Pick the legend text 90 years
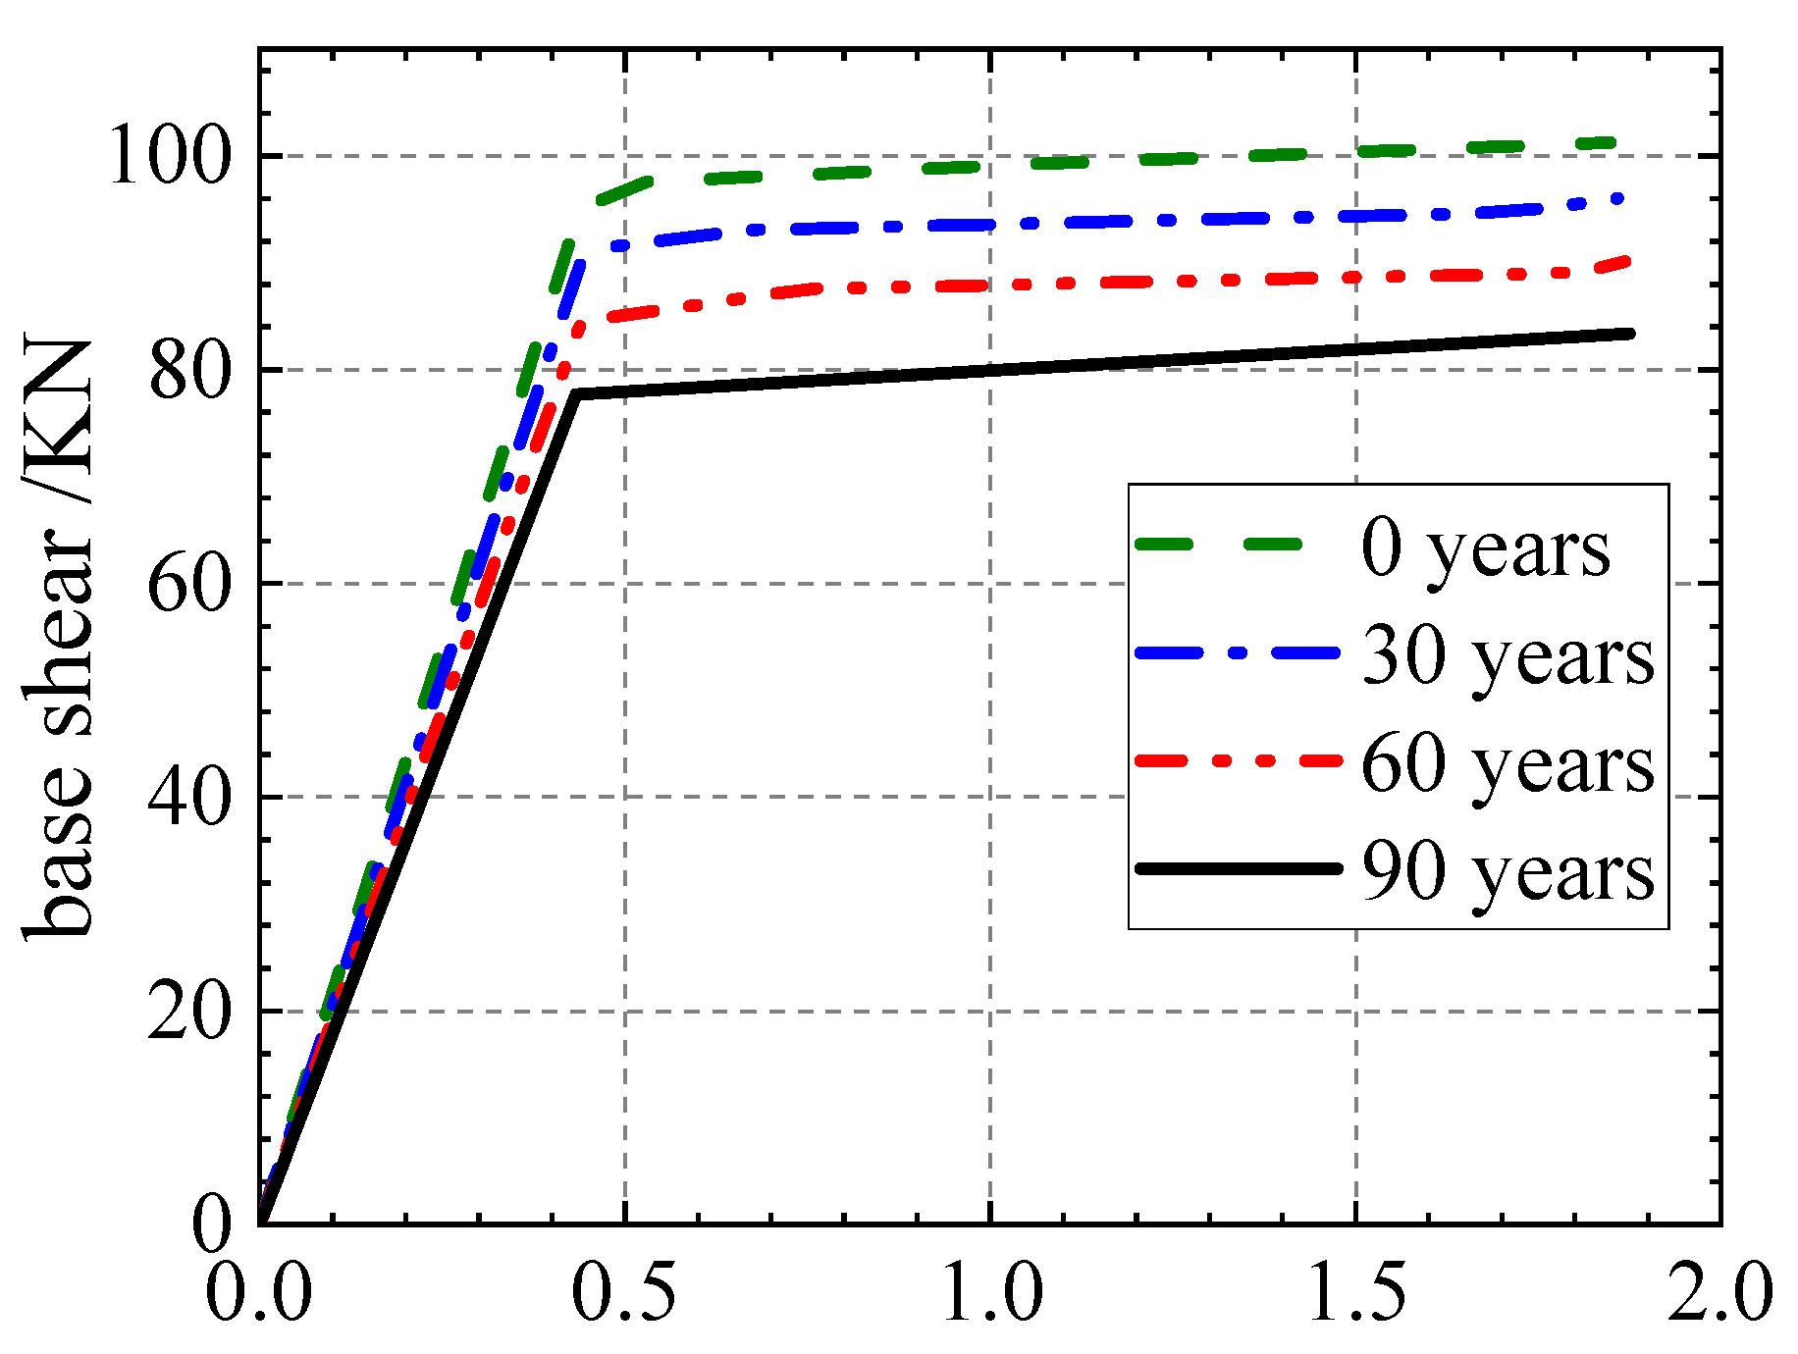coord(1507,871)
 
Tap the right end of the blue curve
coord(1619,199)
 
